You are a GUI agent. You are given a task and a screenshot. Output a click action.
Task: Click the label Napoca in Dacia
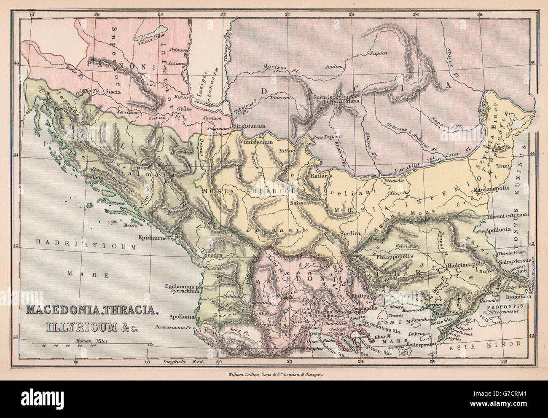(379, 54)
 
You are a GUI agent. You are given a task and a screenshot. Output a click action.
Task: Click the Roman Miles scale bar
(93, 345)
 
